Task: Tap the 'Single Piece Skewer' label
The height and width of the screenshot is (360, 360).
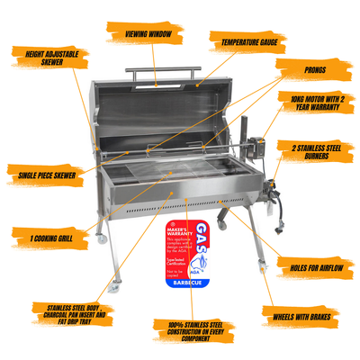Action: click(40, 172)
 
